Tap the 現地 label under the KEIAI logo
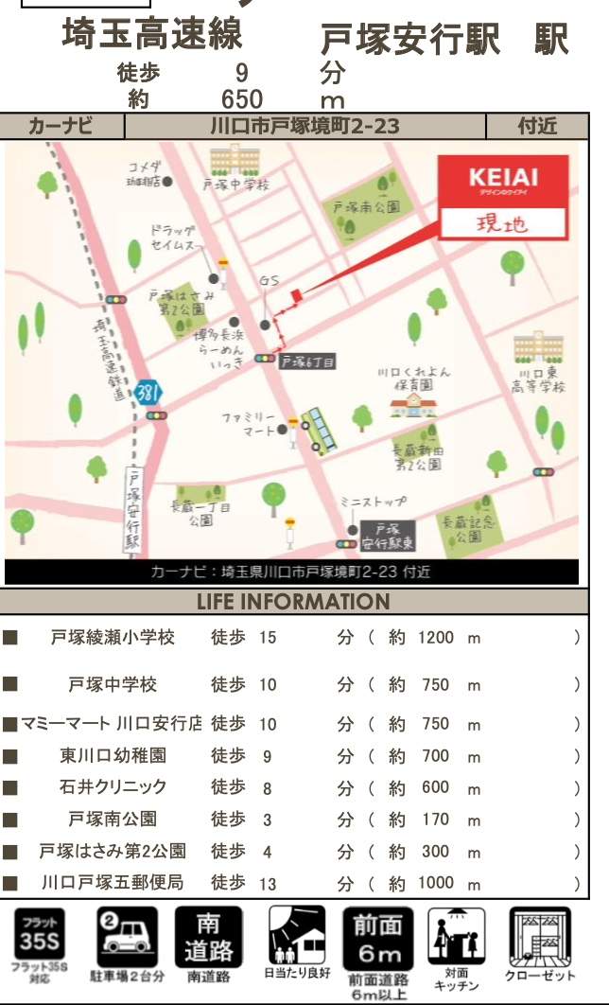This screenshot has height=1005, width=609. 502,224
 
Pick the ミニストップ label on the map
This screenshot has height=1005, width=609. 374,501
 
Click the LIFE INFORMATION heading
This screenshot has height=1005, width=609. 293,602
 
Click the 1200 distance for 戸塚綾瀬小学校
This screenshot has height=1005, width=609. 435,638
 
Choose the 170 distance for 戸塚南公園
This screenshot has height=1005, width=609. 435,819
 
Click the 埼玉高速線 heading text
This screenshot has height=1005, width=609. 151,35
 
